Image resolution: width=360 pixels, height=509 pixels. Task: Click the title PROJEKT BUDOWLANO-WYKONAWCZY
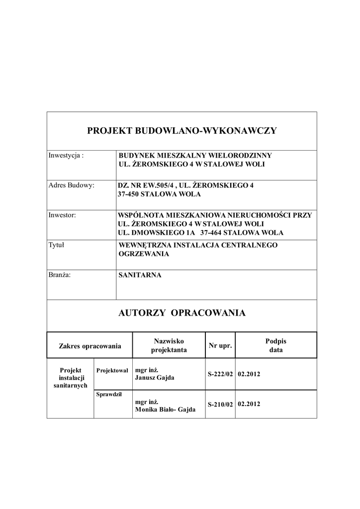click(x=182, y=131)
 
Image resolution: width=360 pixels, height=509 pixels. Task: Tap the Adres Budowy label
click(x=71, y=185)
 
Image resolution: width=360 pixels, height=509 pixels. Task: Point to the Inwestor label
click(x=62, y=215)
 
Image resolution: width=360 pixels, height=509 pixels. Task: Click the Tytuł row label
click(x=56, y=245)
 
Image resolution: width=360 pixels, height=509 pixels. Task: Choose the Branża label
click(x=59, y=275)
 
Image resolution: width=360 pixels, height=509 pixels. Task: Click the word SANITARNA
click(x=140, y=275)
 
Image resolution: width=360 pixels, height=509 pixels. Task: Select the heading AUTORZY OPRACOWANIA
click(x=182, y=313)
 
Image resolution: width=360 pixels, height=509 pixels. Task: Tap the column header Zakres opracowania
click(x=90, y=345)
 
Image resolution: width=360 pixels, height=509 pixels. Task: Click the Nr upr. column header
click(x=220, y=345)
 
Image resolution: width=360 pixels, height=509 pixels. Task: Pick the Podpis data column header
click(x=276, y=345)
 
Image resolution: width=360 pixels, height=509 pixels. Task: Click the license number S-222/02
click(x=220, y=374)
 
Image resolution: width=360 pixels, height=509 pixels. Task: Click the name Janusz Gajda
click(x=155, y=378)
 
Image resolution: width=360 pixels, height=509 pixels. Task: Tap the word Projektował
click(x=112, y=370)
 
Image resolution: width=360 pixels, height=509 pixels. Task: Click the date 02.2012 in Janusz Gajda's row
click(x=250, y=373)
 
